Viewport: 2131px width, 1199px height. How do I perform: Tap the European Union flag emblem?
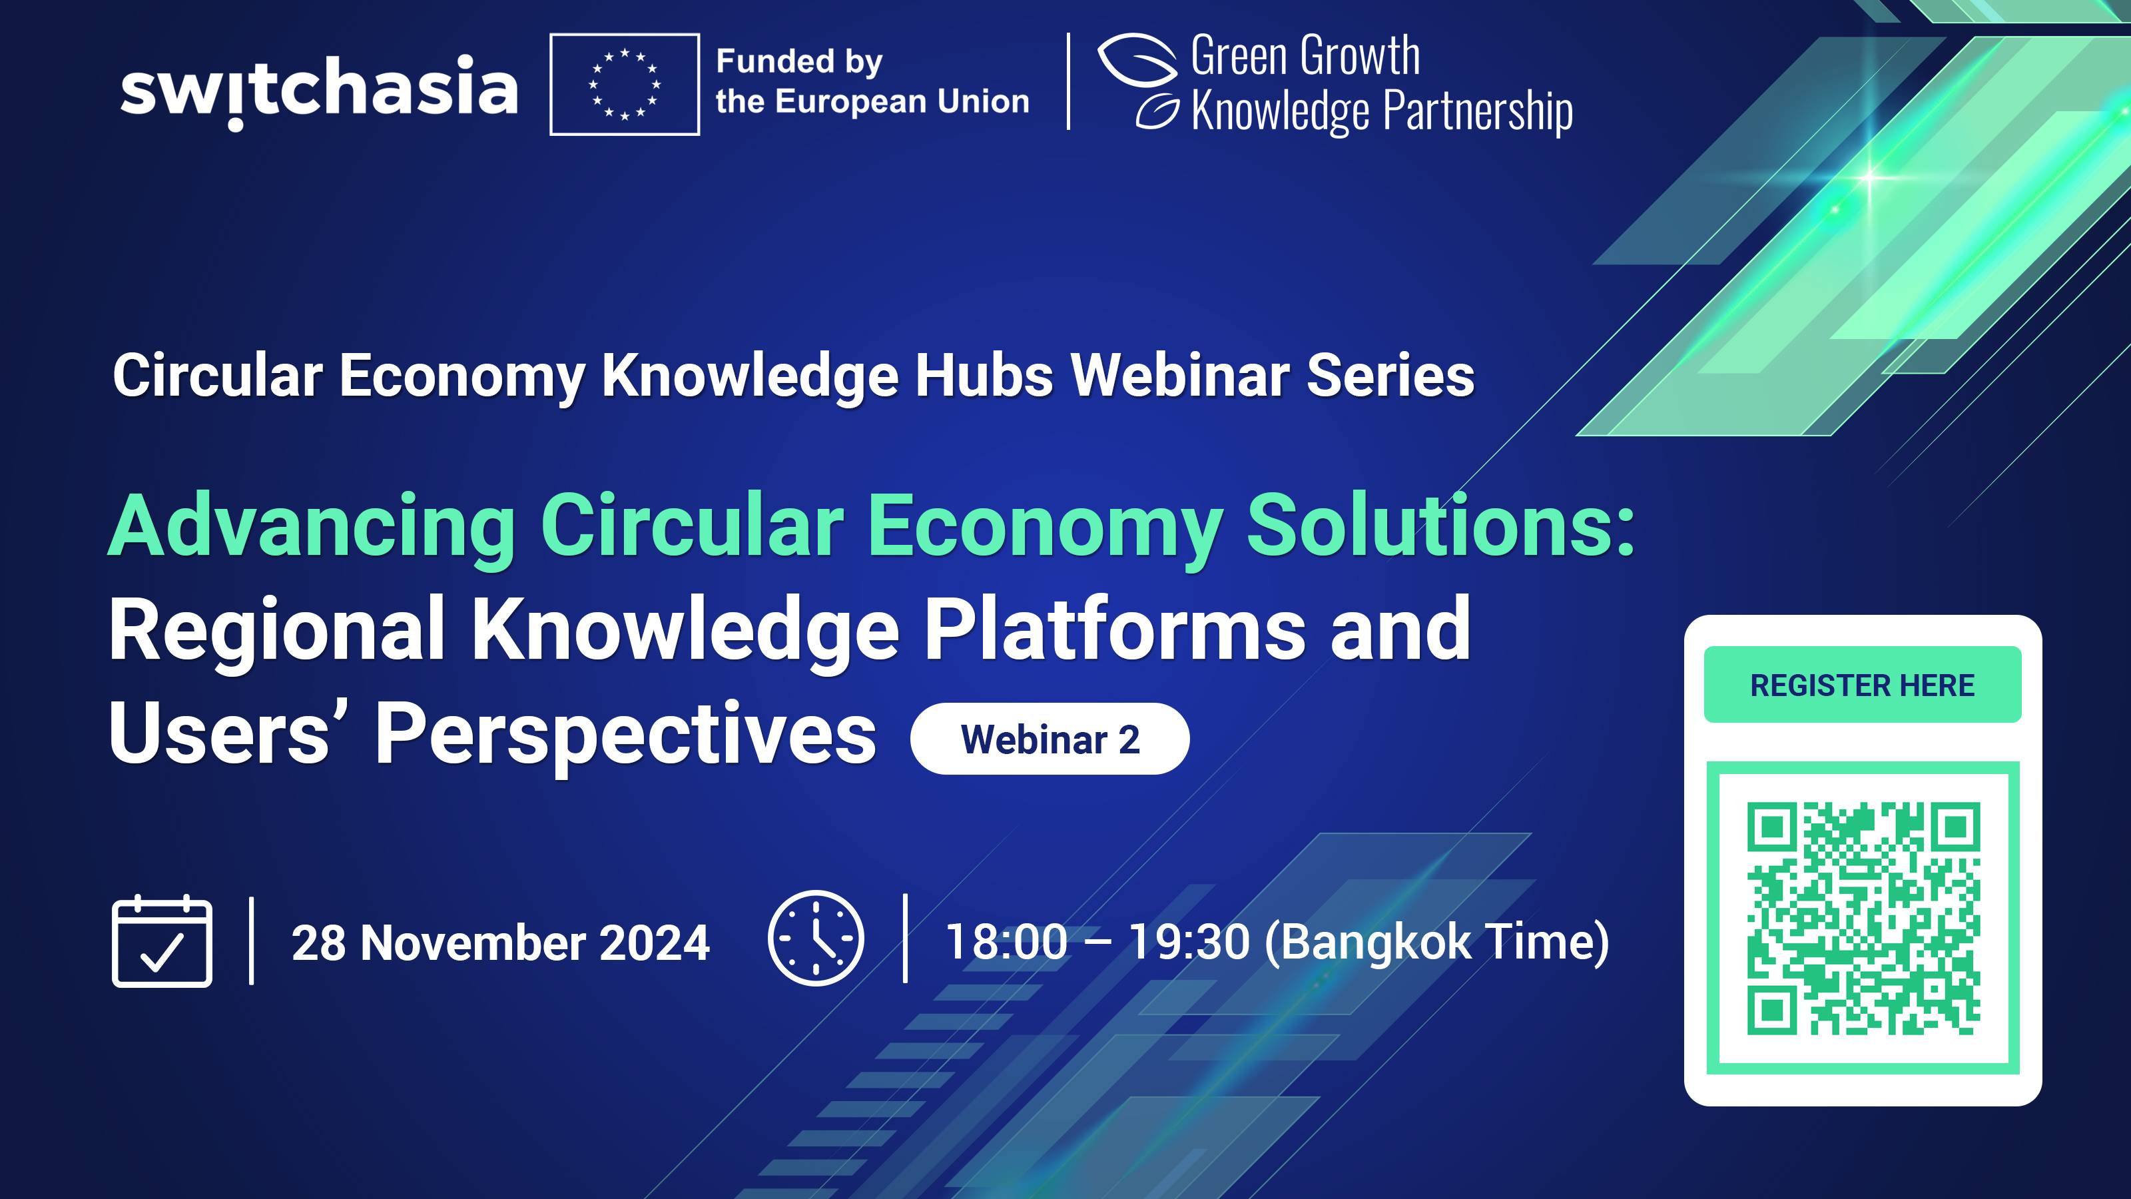coord(625,85)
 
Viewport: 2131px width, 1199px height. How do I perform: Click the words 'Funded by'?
coord(799,61)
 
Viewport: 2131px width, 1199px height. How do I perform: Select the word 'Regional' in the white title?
coord(277,631)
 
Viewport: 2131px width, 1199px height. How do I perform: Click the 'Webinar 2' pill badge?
coord(1049,739)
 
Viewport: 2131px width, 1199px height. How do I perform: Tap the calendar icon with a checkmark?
coord(162,942)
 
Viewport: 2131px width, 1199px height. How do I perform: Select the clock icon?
coord(816,939)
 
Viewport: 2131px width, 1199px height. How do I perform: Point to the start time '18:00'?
coord(1006,943)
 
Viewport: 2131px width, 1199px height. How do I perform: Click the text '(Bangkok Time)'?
coord(1437,943)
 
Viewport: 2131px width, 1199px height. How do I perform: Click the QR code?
coord(1863,918)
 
